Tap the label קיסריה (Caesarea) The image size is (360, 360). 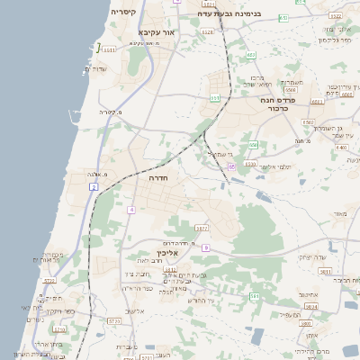(x=124, y=13)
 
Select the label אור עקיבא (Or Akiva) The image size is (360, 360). (x=157, y=31)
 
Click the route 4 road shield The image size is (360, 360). (x=130, y=210)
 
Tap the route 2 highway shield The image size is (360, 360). (x=94, y=186)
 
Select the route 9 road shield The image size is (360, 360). (x=206, y=247)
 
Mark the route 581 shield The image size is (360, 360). (x=255, y=295)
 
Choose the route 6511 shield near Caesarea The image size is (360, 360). (x=107, y=50)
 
